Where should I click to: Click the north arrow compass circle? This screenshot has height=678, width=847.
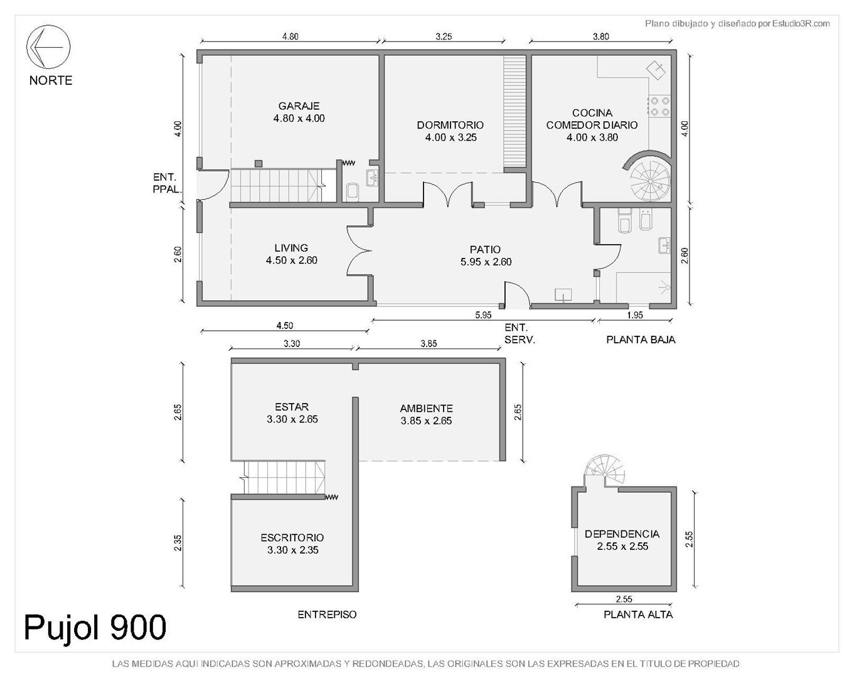pyautogui.click(x=48, y=25)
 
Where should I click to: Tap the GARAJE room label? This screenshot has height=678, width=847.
pyautogui.click(x=299, y=106)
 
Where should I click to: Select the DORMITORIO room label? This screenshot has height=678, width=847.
pyautogui.click(x=450, y=125)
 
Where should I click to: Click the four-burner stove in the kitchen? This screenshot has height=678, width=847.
pyautogui.click(x=659, y=106)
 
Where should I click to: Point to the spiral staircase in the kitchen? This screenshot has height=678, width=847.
pyautogui.click(x=649, y=176)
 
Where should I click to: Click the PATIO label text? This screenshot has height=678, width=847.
pyautogui.click(x=485, y=249)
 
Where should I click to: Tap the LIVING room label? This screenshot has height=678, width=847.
pyautogui.click(x=291, y=248)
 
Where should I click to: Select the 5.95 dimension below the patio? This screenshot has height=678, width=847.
pyautogui.click(x=483, y=315)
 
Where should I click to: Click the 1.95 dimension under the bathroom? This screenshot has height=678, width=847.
pyautogui.click(x=635, y=315)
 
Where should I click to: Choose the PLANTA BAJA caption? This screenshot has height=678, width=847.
pyautogui.click(x=641, y=340)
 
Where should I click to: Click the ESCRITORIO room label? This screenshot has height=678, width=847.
pyautogui.click(x=292, y=538)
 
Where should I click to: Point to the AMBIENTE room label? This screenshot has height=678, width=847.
pyautogui.click(x=426, y=408)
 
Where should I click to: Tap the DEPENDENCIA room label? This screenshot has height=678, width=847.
pyautogui.click(x=622, y=534)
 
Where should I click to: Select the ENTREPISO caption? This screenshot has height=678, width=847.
pyautogui.click(x=327, y=615)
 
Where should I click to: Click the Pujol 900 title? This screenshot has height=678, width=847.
pyautogui.click(x=95, y=628)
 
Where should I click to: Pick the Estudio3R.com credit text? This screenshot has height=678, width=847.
pyautogui.click(x=801, y=24)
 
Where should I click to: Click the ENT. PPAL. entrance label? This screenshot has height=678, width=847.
pyautogui.click(x=167, y=183)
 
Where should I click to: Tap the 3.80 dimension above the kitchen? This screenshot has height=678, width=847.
pyautogui.click(x=600, y=36)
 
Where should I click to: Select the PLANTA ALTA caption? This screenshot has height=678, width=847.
pyautogui.click(x=638, y=615)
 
